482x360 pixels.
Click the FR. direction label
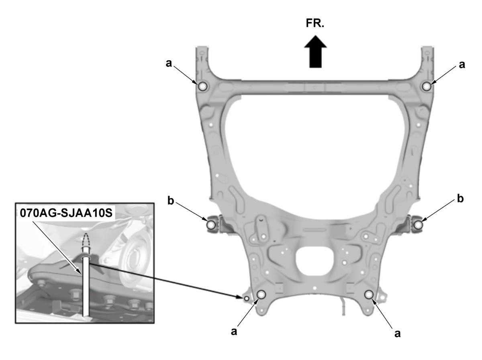click(315, 23)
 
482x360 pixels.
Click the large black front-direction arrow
click(315, 51)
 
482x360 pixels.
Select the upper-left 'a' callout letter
click(169, 63)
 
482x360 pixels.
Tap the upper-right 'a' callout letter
click(462, 65)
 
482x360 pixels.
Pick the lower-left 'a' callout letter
click(234, 331)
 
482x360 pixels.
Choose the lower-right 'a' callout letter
click(398, 333)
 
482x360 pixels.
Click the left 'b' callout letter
click(171, 200)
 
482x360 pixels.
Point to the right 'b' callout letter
click(460, 198)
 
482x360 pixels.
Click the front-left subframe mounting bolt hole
click(202, 86)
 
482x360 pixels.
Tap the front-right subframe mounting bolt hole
click(427, 86)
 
